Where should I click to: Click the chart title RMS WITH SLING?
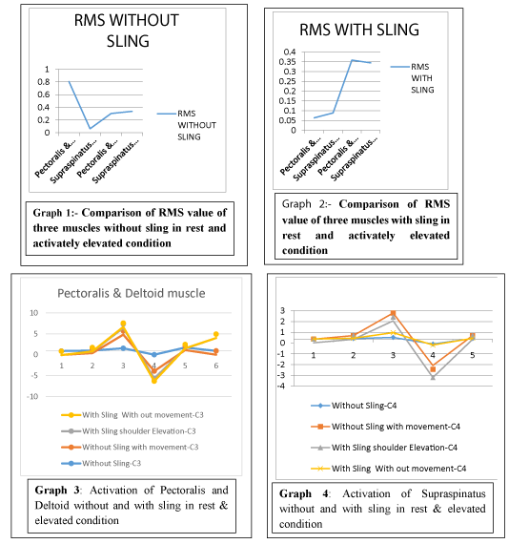(x=359, y=30)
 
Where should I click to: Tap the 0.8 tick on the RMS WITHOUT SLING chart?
(x=44, y=82)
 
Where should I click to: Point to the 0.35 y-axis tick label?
(x=288, y=62)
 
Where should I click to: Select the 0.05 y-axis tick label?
(x=288, y=120)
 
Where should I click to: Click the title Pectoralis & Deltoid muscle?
(x=132, y=294)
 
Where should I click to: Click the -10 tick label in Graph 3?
(x=32, y=397)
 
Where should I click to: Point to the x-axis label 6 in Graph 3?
(x=215, y=366)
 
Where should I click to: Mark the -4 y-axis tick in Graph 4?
(x=281, y=386)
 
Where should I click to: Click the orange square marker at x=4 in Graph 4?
(x=433, y=369)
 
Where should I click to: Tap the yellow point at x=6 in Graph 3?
(x=215, y=334)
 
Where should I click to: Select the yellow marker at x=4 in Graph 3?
(x=154, y=381)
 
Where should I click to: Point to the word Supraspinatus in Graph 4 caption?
(x=454, y=493)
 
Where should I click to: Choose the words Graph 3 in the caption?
(x=57, y=491)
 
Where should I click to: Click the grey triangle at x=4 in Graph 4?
(x=433, y=377)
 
